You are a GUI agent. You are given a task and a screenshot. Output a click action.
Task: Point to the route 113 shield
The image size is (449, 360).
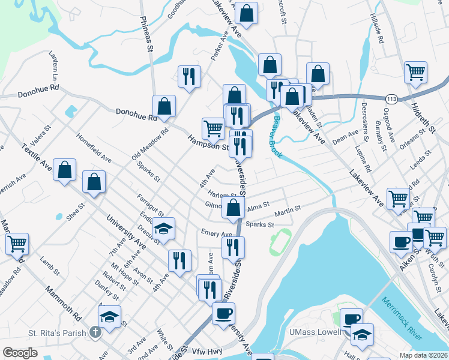tap(391, 98)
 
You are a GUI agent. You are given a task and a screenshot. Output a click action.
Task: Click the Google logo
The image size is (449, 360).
tap(20, 353)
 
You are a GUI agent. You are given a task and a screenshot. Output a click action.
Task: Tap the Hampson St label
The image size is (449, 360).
tap(208, 143)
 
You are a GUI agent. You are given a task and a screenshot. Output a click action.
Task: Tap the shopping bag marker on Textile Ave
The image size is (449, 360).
tap(65, 170)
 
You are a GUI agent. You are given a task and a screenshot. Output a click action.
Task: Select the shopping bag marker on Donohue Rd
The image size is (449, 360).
tap(164, 107)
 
